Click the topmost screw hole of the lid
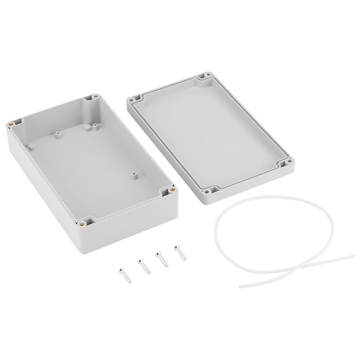tap(208, 75)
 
